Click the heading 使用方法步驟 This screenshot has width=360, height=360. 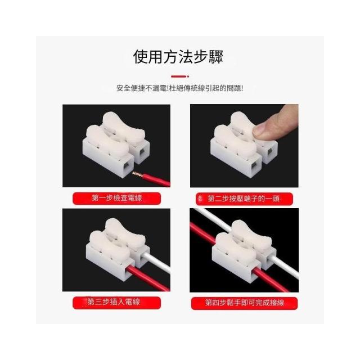178,56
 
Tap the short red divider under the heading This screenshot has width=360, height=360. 180,76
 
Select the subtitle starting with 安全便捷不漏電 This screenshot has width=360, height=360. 179,88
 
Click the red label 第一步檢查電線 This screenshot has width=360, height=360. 116,198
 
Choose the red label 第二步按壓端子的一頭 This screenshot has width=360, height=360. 244,199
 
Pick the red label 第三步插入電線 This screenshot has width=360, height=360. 116,303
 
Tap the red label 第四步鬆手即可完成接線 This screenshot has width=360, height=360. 244,303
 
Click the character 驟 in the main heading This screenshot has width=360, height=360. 216,56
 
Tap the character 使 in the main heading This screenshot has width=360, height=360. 141,56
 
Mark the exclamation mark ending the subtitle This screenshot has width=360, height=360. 241,88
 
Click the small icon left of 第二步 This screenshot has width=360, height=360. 200,199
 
